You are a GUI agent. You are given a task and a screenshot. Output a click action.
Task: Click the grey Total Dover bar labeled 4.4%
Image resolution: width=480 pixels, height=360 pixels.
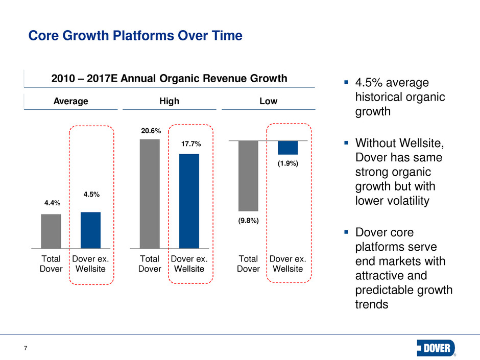click(x=51, y=231)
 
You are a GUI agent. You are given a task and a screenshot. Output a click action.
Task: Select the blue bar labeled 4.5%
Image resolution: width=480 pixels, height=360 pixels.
click(x=90, y=230)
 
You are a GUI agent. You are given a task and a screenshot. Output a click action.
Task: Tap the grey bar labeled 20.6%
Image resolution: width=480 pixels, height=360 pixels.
click(x=150, y=194)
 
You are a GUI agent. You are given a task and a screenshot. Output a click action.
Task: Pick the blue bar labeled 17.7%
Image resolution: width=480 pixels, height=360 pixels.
click(x=189, y=201)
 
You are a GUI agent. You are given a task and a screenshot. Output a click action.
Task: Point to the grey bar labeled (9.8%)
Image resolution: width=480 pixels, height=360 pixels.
click(x=249, y=176)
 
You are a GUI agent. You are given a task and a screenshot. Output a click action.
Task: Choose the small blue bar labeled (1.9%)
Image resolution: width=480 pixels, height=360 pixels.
click(x=288, y=148)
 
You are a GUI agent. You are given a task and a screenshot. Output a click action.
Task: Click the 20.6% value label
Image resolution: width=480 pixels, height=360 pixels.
click(x=150, y=132)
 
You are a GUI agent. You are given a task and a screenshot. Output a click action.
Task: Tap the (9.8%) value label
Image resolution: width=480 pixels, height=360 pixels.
click(x=248, y=221)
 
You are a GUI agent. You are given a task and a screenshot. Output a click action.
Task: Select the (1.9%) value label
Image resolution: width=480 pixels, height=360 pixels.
click(x=288, y=164)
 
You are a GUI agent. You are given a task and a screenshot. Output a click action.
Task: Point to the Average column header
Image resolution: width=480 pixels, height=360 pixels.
click(x=71, y=101)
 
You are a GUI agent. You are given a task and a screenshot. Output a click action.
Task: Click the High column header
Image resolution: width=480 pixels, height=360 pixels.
click(x=169, y=101)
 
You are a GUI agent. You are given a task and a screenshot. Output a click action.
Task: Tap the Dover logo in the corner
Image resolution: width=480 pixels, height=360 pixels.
click(x=436, y=347)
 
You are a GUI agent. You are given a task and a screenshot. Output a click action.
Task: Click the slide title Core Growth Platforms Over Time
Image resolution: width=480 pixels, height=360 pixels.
click(x=135, y=36)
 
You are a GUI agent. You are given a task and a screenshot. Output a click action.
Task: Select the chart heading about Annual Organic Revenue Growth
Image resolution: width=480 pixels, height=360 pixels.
click(x=170, y=79)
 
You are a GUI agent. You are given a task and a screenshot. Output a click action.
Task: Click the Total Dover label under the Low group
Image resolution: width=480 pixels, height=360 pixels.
click(x=249, y=264)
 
